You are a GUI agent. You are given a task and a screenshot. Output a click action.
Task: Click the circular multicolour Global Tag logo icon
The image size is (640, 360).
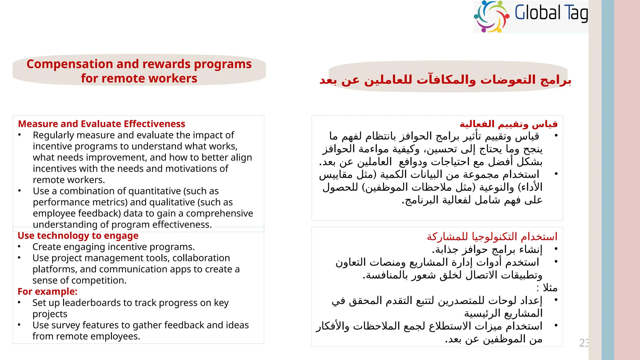click(x=492, y=16)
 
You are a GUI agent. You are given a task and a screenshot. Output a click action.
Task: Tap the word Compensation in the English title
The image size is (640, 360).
click(x=69, y=64)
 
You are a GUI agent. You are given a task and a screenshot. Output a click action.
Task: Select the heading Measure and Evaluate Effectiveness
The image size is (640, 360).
click(x=102, y=124)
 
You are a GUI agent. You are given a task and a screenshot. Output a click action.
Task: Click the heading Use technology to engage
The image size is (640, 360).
click(x=78, y=236)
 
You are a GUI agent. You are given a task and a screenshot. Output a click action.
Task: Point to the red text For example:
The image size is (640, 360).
click(x=47, y=292)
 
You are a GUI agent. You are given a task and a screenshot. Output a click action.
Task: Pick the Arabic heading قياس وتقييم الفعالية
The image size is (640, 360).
click(x=508, y=124)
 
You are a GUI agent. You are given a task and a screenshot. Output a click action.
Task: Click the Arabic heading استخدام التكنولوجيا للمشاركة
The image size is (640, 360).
click(x=492, y=237)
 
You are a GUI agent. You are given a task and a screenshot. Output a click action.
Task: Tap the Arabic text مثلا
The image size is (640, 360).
click(x=550, y=287)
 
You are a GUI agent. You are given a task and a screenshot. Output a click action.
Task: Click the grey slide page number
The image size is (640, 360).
click(x=583, y=343)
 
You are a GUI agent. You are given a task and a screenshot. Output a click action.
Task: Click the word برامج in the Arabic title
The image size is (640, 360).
click(x=556, y=80)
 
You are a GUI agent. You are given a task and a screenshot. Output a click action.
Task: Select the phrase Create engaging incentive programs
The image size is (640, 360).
click(x=113, y=247)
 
